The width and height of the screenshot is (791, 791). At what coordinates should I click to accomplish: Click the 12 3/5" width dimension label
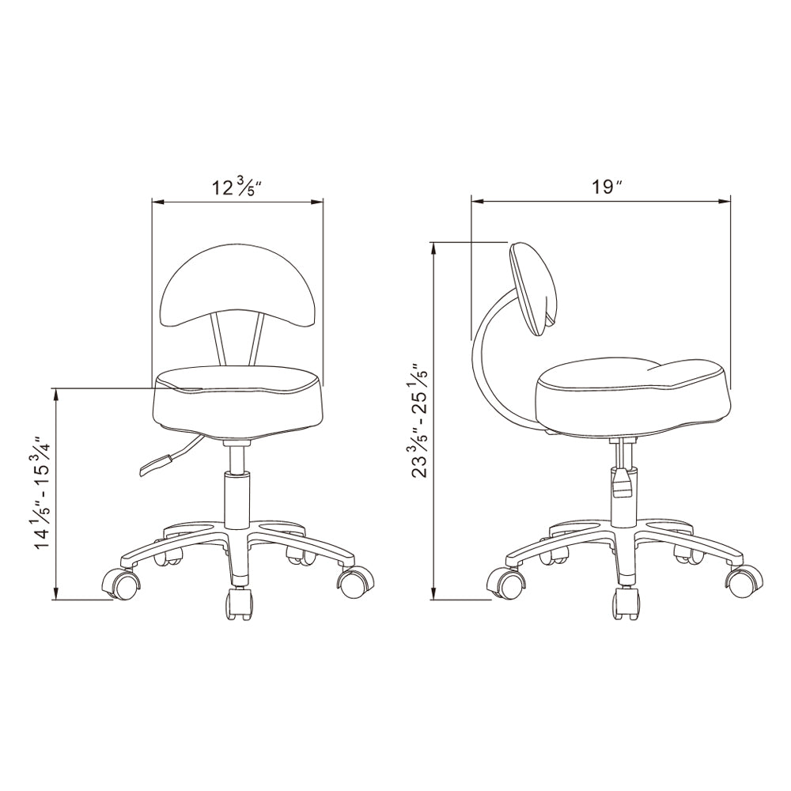238,187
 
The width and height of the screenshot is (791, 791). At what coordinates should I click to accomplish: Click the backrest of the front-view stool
237,288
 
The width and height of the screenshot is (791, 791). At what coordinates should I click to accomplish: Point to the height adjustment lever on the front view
169,457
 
